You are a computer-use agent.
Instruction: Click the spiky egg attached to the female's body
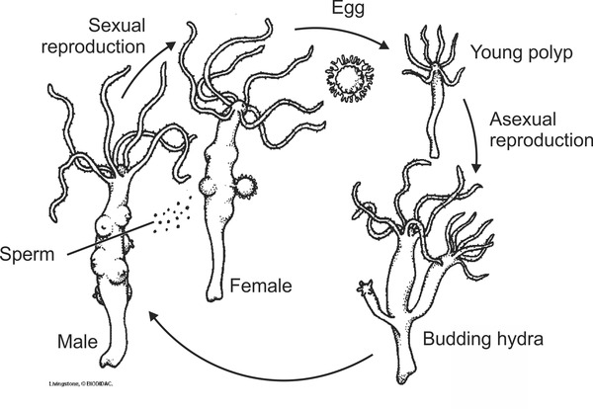click(245, 184)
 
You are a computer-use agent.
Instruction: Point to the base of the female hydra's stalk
click(220, 292)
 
